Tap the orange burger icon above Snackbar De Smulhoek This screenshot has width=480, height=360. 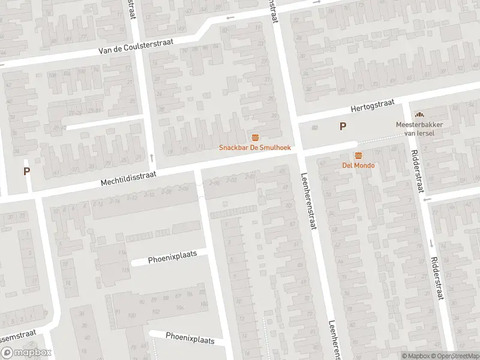click(x=256, y=137)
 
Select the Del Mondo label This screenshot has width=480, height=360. click(x=358, y=165)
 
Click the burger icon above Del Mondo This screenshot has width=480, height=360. click(x=358, y=155)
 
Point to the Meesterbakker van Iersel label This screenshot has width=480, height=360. click(x=415, y=128)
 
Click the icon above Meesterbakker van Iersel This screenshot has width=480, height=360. click(x=419, y=114)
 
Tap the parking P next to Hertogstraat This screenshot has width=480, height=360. click(x=343, y=126)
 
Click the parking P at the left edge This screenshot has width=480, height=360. click(x=26, y=171)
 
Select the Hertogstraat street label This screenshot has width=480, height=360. click(x=372, y=107)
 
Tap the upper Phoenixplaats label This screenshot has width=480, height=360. click(x=172, y=258)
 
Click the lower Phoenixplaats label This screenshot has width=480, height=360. click(x=190, y=339)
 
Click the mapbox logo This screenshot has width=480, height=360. click(x=26, y=353)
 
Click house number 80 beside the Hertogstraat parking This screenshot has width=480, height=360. click(x=315, y=128)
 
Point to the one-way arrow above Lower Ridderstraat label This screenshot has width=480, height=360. click(x=431, y=243)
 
